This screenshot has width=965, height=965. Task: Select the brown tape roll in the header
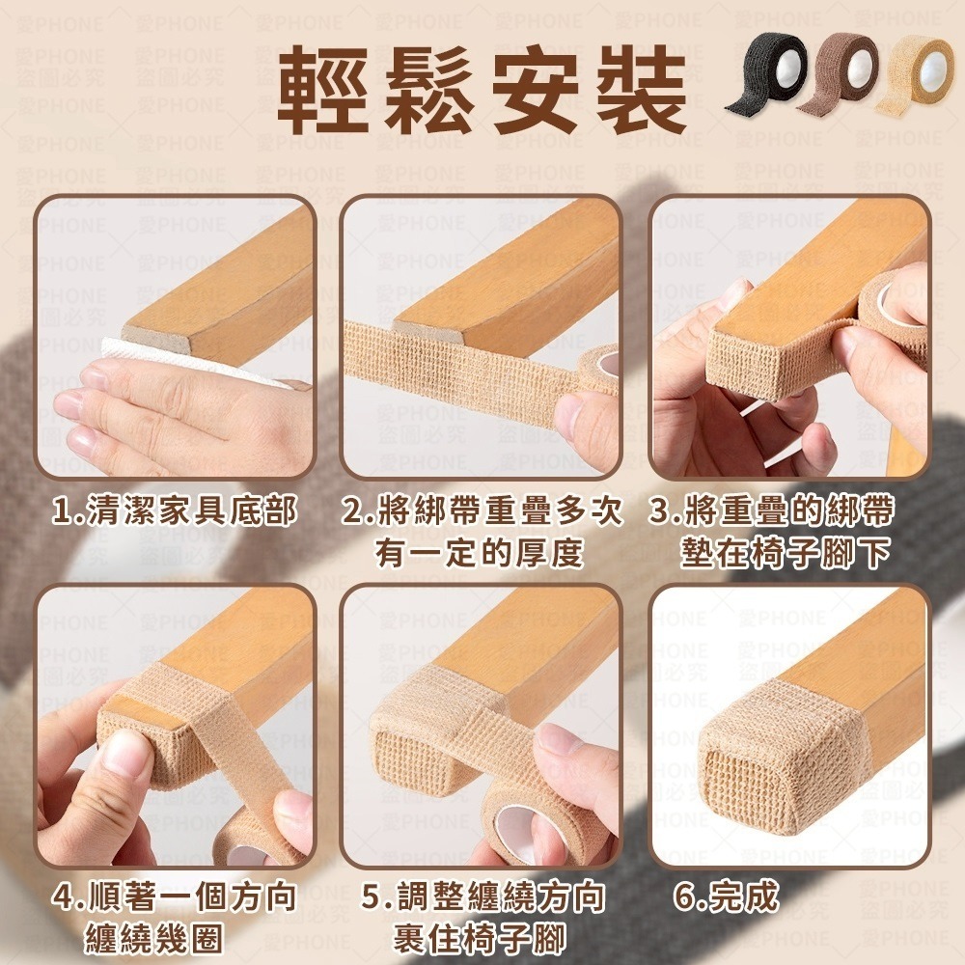pyautogui.click(x=841, y=73)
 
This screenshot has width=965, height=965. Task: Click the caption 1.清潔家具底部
pyautogui.click(x=175, y=511)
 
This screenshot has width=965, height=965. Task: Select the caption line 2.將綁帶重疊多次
pyautogui.click(x=482, y=511)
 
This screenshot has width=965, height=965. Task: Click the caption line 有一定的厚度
pyautogui.click(x=481, y=554)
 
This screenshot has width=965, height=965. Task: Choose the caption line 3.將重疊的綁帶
pyautogui.click(x=772, y=511)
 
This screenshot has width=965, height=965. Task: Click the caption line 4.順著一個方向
pyautogui.click(x=175, y=897)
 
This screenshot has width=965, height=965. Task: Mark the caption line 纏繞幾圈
pyautogui.click(x=154, y=938)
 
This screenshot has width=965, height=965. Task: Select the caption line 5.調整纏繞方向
pyautogui.click(x=483, y=897)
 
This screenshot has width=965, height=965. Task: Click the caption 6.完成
pyautogui.click(x=726, y=897)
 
